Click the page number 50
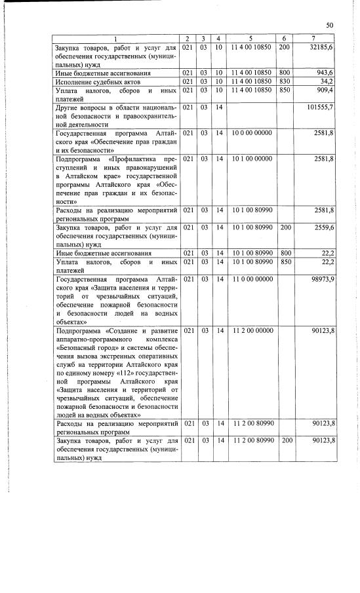point(329,25)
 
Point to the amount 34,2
point(328,81)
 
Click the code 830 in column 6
point(285,81)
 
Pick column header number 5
point(250,39)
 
